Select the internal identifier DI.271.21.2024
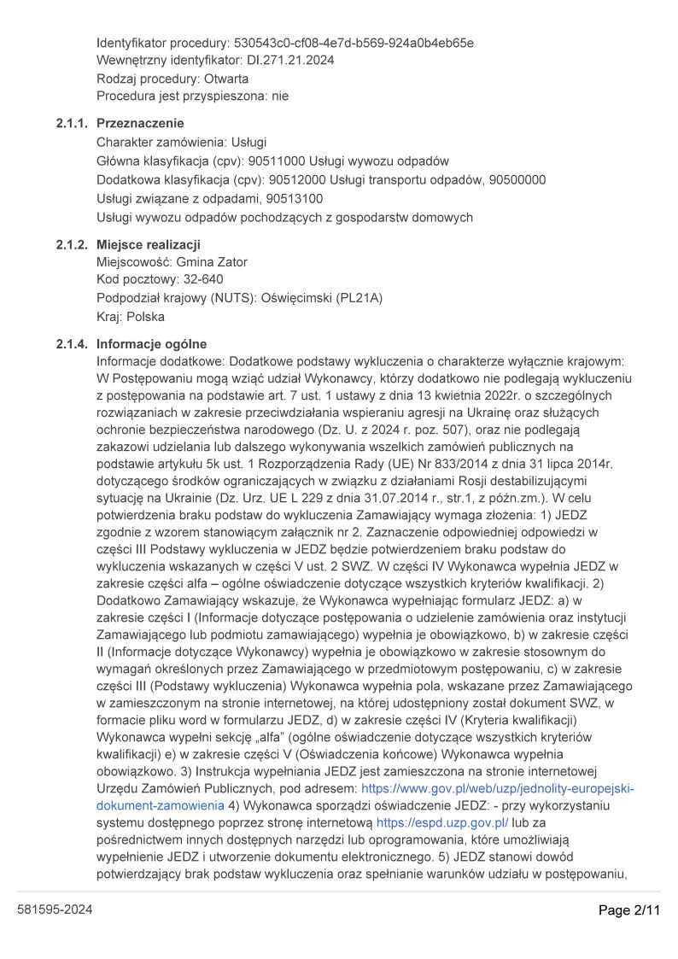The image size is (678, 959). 290,61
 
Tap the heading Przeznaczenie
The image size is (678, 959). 140,124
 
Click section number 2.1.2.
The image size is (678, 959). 72,245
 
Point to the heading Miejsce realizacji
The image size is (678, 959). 149,245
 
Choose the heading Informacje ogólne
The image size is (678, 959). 151,344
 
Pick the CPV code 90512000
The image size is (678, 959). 297,180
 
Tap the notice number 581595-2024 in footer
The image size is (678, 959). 55,910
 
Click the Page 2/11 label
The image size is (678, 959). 629,910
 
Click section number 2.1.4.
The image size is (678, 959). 72,344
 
